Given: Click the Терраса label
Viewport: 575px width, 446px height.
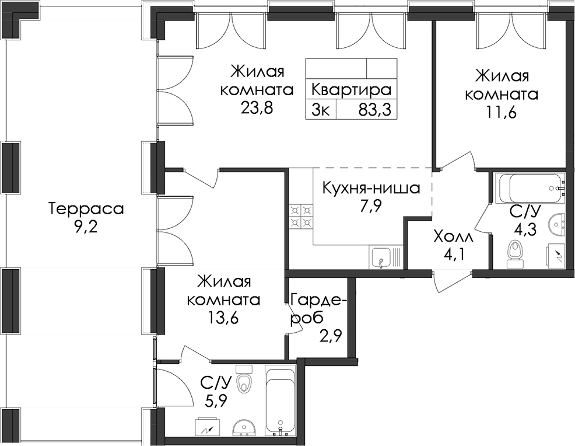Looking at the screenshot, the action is [87, 209].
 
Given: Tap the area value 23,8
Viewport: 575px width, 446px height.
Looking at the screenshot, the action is [257, 108].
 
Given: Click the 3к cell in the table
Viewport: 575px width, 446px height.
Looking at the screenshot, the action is [321, 110].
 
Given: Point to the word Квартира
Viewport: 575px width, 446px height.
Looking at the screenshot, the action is [351, 89].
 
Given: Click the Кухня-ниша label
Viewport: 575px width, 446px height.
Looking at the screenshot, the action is [371, 189].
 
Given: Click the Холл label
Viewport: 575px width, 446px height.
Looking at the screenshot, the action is [453, 237].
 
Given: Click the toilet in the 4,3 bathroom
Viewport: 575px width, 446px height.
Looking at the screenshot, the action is [516, 254].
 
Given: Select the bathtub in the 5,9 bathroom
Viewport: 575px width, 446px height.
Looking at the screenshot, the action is [280, 402].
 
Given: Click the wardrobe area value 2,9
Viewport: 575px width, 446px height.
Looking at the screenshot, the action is [331, 337].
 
